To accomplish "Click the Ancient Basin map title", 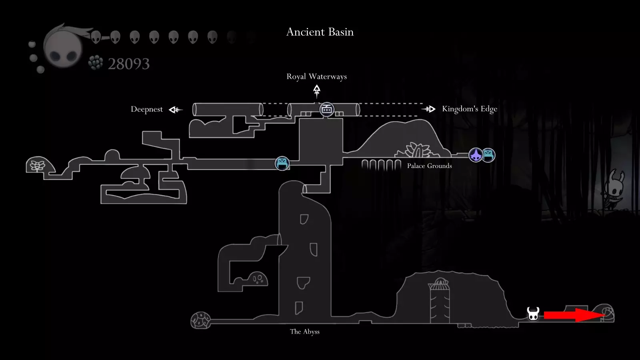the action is click(x=320, y=32).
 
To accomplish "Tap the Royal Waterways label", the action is click(x=316, y=76).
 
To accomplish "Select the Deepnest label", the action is click(x=146, y=110).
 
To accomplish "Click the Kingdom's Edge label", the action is click(x=470, y=109).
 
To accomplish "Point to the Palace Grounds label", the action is click(x=430, y=166).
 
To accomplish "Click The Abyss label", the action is click(x=304, y=332).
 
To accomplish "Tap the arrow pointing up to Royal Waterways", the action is click(x=316, y=91).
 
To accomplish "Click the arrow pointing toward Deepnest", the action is click(x=176, y=110).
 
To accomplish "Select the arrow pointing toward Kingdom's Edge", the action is click(x=428, y=109).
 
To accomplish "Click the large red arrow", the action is click(x=574, y=315).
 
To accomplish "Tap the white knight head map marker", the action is click(x=533, y=314).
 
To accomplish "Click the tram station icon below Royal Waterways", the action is click(x=326, y=110).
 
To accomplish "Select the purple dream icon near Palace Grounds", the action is click(x=476, y=155).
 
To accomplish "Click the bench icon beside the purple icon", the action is click(x=488, y=155).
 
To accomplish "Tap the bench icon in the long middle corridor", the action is click(x=282, y=164).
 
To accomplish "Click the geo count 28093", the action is click(x=128, y=64).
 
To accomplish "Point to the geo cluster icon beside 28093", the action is click(x=96, y=62).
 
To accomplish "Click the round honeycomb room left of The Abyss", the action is click(x=200, y=320).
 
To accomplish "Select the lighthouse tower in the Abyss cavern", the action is click(x=440, y=300).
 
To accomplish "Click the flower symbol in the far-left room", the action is click(x=38, y=166).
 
